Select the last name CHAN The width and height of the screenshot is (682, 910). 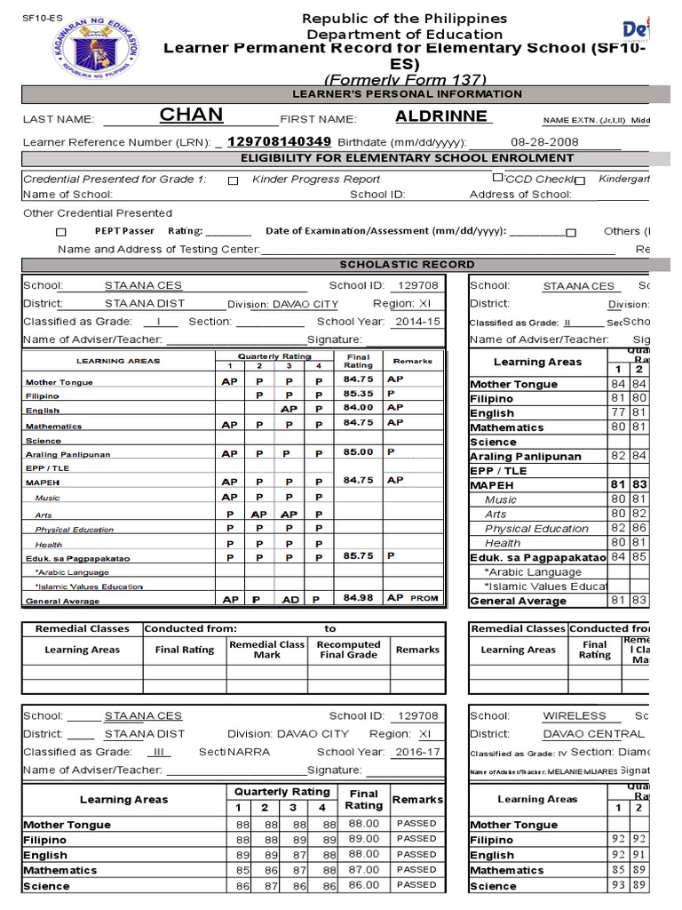point(191,116)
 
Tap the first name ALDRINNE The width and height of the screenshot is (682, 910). point(441,116)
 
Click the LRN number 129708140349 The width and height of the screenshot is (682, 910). point(280,141)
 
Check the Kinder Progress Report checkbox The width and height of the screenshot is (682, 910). point(233,180)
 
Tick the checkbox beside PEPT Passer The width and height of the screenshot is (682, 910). point(61,231)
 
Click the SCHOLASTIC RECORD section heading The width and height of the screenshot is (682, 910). point(408,264)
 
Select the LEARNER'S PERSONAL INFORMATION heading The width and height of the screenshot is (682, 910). point(408,94)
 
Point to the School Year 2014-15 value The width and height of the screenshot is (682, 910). point(416,321)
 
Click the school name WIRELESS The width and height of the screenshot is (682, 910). point(575,715)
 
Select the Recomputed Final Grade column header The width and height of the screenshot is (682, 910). point(348,650)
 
